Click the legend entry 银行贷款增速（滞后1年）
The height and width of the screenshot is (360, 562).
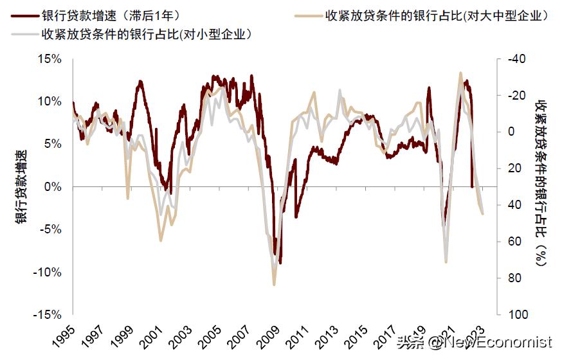[x=110, y=15]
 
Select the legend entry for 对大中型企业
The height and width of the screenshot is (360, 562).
[x=437, y=15]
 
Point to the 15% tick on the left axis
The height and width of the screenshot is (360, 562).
[x=50, y=59]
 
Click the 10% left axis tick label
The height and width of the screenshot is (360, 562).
[x=50, y=102]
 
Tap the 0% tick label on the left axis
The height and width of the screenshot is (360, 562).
[x=53, y=187]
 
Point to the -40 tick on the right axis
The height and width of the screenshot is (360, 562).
[x=516, y=59]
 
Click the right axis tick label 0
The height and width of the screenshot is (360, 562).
[x=512, y=132]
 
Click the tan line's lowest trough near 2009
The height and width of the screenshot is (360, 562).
[x=274, y=284]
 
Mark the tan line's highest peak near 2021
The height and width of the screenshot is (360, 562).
[x=460, y=73]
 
